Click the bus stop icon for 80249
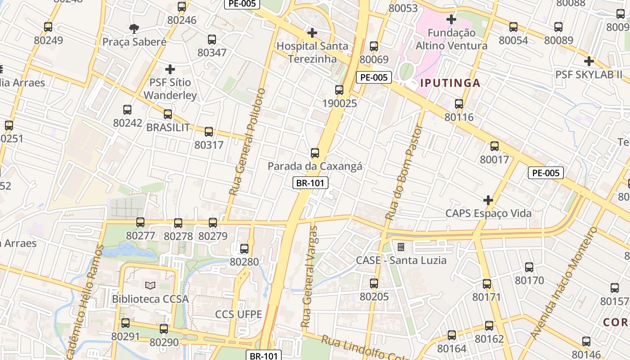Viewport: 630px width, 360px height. click(x=48, y=27)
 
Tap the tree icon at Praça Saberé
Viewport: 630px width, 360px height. click(x=134, y=29)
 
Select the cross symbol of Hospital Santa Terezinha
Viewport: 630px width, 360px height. click(x=312, y=33)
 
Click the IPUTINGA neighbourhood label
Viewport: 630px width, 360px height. click(x=450, y=83)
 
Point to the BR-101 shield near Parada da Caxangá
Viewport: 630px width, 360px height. click(x=310, y=183)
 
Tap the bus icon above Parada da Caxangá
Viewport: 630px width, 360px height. click(x=315, y=153)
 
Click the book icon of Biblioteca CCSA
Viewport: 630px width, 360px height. click(x=150, y=285)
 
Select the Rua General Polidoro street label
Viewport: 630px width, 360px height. click(x=247, y=142)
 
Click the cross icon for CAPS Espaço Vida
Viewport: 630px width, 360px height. click(x=488, y=200)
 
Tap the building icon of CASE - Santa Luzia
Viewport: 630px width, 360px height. click(x=400, y=247)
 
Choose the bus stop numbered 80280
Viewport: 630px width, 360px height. click(x=244, y=248)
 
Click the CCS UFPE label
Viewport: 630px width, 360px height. click(x=238, y=314)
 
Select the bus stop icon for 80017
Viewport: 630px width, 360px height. click(x=495, y=146)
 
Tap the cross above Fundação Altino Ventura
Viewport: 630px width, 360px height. click(x=451, y=19)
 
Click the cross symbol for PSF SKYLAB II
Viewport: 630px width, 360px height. click(x=589, y=61)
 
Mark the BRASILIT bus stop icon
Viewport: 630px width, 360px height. click(x=168, y=114)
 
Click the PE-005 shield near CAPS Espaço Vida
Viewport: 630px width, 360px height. click(x=545, y=173)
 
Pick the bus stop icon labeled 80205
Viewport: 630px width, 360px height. click(x=374, y=283)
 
